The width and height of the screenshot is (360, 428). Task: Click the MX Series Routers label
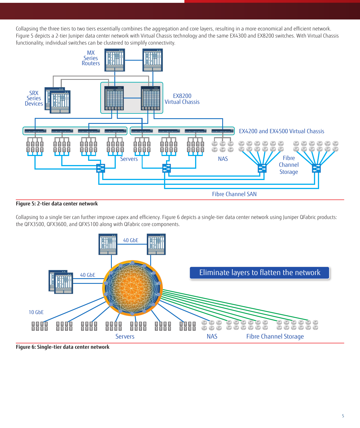click(x=91, y=58)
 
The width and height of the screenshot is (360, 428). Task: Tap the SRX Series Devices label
click(x=34, y=98)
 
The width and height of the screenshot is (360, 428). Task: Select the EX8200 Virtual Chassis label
click(x=182, y=99)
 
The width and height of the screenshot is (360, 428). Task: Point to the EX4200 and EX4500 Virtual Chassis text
click(x=282, y=131)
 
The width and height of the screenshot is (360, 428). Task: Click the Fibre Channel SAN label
click(x=234, y=194)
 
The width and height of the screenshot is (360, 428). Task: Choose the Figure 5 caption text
click(x=57, y=204)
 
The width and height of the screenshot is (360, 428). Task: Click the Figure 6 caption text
click(x=62, y=347)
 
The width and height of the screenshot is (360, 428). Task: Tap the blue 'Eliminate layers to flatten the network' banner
click(x=259, y=273)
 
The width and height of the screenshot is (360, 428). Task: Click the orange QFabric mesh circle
click(x=132, y=288)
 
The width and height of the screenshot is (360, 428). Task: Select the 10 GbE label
click(x=36, y=312)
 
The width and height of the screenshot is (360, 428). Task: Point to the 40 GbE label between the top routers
click(x=131, y=240)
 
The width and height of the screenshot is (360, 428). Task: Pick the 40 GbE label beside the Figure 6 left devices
click(x=88, y=275)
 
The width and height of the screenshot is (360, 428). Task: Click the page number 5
click(x=343, y=416)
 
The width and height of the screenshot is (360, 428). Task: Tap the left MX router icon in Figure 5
click(x=115, y=60)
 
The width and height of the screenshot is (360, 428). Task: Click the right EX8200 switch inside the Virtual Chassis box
click(x=150, y=98)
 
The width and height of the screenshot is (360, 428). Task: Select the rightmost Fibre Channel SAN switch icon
click(x=316, y=168)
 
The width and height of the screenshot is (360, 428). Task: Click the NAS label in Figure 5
click(x=223, y=159)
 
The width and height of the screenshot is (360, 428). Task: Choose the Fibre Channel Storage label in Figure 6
click(x=275, y=337)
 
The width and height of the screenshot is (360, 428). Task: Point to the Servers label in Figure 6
click(x=125, y=337)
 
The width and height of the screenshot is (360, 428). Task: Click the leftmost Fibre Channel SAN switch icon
click(x=101, y=168)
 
